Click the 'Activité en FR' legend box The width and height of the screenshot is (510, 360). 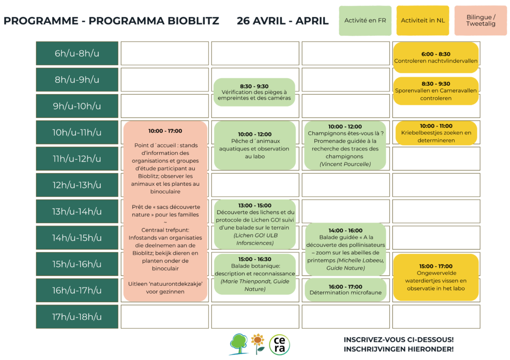coord(365,21)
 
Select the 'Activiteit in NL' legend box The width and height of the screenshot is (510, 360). coord(423,21)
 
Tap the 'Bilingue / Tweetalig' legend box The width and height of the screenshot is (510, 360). coord(481,21)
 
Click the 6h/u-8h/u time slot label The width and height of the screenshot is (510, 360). coord(77,53)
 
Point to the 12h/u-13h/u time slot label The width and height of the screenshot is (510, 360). coord(77,185)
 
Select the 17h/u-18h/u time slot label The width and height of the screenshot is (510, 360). coord(77,317)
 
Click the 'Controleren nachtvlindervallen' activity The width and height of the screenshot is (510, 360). coord(436,58)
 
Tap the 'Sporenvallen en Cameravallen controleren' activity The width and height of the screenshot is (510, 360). coord(436,91)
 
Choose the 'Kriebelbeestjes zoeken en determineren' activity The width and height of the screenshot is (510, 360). coord(436,133)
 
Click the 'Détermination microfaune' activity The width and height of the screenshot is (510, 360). coord(345,290)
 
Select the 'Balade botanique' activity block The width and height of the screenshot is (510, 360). coord(255,274)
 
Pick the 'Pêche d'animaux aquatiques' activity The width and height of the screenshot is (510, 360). coord(255,145)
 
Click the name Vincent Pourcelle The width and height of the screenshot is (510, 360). coord(345,164)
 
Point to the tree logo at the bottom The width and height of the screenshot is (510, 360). coord(239,344)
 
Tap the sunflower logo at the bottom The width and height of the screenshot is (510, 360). coord(257,343)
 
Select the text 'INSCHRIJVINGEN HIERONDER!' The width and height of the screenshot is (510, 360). coord(398,349)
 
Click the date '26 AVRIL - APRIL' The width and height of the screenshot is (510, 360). coord(282,21)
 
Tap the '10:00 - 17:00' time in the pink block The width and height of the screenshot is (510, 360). coord(165,131)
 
